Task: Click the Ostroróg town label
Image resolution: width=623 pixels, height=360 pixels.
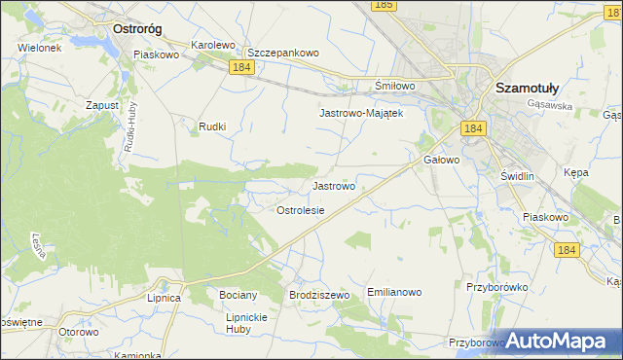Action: (x=137, y=29)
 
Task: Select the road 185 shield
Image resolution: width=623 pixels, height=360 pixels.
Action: (x=384, y=6)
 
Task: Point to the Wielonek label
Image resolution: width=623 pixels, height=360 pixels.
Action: (x=39, y=47)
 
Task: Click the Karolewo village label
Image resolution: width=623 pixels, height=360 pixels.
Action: (x=214, y=46)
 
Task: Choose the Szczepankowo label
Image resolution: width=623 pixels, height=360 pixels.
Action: (x=283, y=53)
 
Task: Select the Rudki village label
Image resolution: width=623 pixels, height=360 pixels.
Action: (x=212, y=126)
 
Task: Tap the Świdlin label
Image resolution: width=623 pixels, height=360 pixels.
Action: (x=517, y=175)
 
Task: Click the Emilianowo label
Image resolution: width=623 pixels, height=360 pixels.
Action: (x=393, y=292)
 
